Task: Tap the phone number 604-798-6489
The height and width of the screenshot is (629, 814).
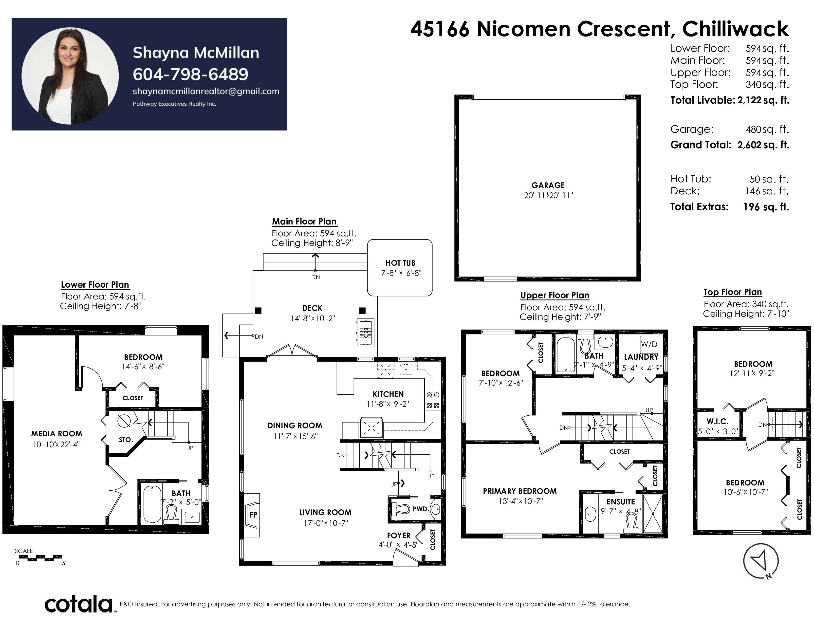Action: coord(190,74)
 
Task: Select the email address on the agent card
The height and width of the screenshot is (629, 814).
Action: coord(206,91)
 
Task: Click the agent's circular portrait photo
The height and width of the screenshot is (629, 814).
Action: coord(70,76)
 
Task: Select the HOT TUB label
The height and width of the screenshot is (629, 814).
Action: coord(400,263)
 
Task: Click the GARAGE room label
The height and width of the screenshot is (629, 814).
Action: coord(548,185)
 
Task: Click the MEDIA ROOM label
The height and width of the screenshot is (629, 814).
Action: coord(57,434)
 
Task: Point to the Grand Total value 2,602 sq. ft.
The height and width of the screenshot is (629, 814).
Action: coord(763,145)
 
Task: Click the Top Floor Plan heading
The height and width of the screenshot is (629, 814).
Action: coord(732,292)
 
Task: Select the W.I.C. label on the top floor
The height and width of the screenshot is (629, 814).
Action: coord(718,422)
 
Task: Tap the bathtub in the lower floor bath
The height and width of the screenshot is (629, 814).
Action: coord(152,503)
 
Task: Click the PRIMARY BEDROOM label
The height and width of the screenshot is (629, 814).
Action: coord(519,491)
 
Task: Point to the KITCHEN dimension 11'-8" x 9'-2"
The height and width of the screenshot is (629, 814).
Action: coord(388,404)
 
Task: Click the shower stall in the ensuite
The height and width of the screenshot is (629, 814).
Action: coord(653,514)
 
